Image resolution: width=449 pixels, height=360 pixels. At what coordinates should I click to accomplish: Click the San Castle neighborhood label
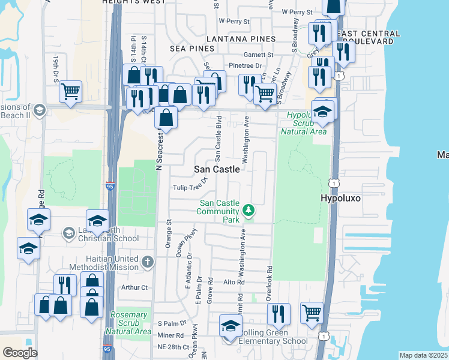click(x=217, y=170)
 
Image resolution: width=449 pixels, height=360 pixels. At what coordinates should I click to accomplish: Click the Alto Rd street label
click(x=234, y=282)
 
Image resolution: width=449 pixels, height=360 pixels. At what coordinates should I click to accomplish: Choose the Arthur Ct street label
click(x=134, y=287)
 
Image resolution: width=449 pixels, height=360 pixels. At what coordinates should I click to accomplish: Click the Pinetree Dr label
click(x=246, y=65)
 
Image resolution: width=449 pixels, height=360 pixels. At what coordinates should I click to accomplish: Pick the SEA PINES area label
click(x=192, y=48)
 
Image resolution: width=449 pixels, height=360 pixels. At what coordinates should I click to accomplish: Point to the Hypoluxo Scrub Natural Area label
click(x=306, y=123)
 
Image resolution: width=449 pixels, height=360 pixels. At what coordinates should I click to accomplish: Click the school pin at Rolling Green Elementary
click(x=230, y=326)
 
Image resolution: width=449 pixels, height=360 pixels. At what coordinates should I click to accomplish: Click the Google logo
click(x=20, y=353)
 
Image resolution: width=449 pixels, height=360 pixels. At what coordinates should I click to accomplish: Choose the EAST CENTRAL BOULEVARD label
click(x=370, y=38)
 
